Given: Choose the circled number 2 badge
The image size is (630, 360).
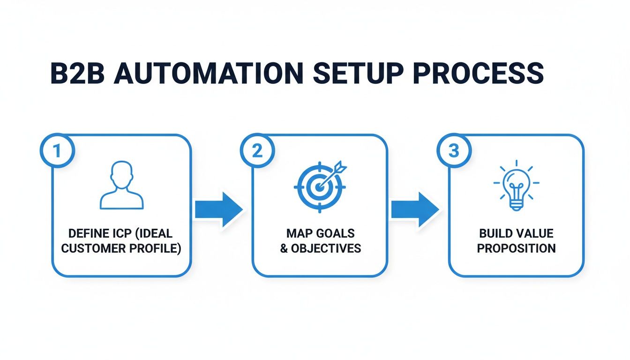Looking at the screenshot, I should tap(256, 151).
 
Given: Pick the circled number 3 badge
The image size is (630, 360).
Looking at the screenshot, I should tap(453, 151).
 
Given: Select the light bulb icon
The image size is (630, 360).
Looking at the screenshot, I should tap(516, 186).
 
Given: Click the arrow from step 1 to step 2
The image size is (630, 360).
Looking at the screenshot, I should tap(218, 209).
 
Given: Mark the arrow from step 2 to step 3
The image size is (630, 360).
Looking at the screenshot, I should tap(414, 209).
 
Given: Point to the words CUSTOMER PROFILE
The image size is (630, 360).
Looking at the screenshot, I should tap(121, 248).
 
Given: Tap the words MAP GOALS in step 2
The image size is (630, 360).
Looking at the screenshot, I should tap(321, 233).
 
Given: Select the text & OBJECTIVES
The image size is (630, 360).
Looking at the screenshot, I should tap(321, 248).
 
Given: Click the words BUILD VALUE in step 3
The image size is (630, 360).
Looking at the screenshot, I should tap(516, 233).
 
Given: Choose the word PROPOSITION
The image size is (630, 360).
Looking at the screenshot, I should tap(516, 248).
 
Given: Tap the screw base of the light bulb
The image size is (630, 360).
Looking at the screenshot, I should tap(516, 204).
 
